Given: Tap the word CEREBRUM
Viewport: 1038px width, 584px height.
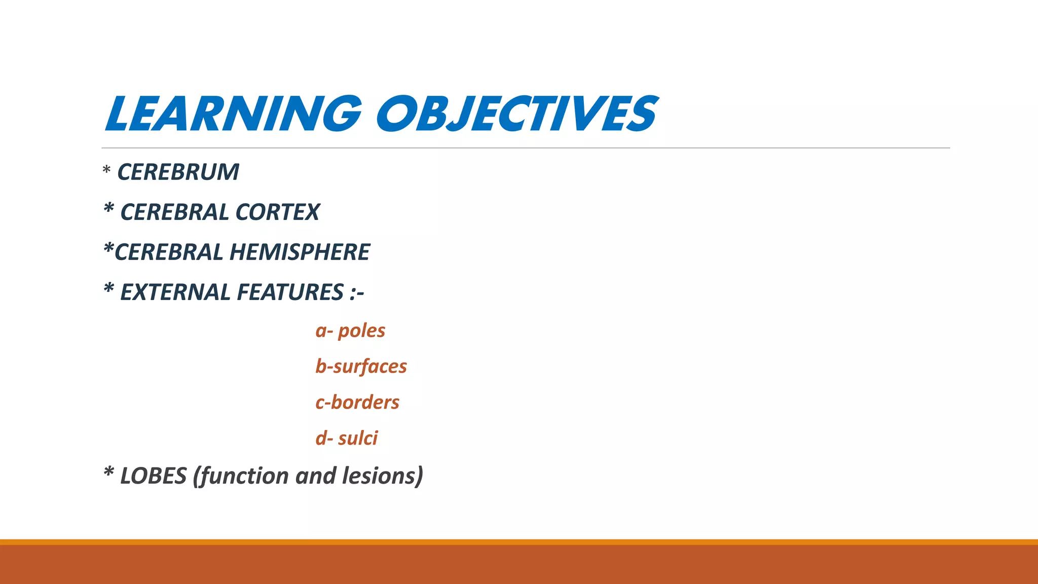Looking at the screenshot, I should (178, 172).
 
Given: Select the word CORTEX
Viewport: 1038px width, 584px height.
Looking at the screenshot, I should (277, 212).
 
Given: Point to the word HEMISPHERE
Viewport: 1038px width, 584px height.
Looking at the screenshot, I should (300, 252).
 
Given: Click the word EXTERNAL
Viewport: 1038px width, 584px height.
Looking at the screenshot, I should (175, 293).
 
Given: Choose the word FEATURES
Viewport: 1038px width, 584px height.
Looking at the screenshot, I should (290, 293).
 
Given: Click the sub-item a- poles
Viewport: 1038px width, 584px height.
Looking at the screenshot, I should (350, 331).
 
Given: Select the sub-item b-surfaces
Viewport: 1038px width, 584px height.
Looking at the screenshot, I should (361, 367).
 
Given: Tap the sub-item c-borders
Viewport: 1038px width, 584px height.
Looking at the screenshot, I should (357, 403).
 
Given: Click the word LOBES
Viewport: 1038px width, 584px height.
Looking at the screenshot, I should (153, 476).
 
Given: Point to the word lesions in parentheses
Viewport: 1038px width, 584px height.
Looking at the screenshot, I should (382, 476).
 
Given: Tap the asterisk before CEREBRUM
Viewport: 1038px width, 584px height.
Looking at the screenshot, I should (106, 170).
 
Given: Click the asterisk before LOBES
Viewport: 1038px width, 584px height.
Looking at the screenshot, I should (108, 473).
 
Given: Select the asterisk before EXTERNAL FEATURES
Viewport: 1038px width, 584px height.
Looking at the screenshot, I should (108, 289).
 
